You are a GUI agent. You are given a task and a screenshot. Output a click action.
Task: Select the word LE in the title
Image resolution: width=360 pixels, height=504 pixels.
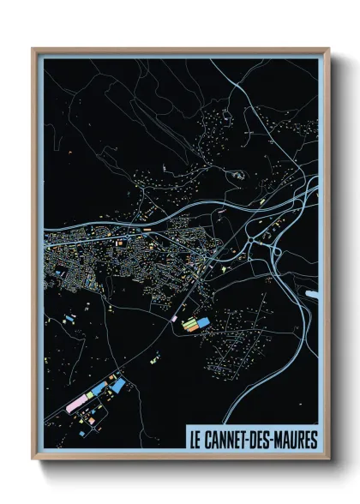[x=195, y=440]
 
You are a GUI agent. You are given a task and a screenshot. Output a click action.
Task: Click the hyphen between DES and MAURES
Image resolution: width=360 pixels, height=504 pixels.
[x=269, y=440]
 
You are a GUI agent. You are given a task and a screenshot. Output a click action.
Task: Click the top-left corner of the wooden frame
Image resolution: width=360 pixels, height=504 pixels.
[x=33, y=49]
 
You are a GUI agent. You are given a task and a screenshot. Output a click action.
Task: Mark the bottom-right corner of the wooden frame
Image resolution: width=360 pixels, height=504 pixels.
[x=329, y=459]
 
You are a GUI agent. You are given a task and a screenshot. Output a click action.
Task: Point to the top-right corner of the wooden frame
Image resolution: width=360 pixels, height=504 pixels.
[x=329, y=49]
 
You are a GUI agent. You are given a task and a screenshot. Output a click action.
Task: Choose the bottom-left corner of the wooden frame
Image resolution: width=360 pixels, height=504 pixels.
[x=33, y=459]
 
